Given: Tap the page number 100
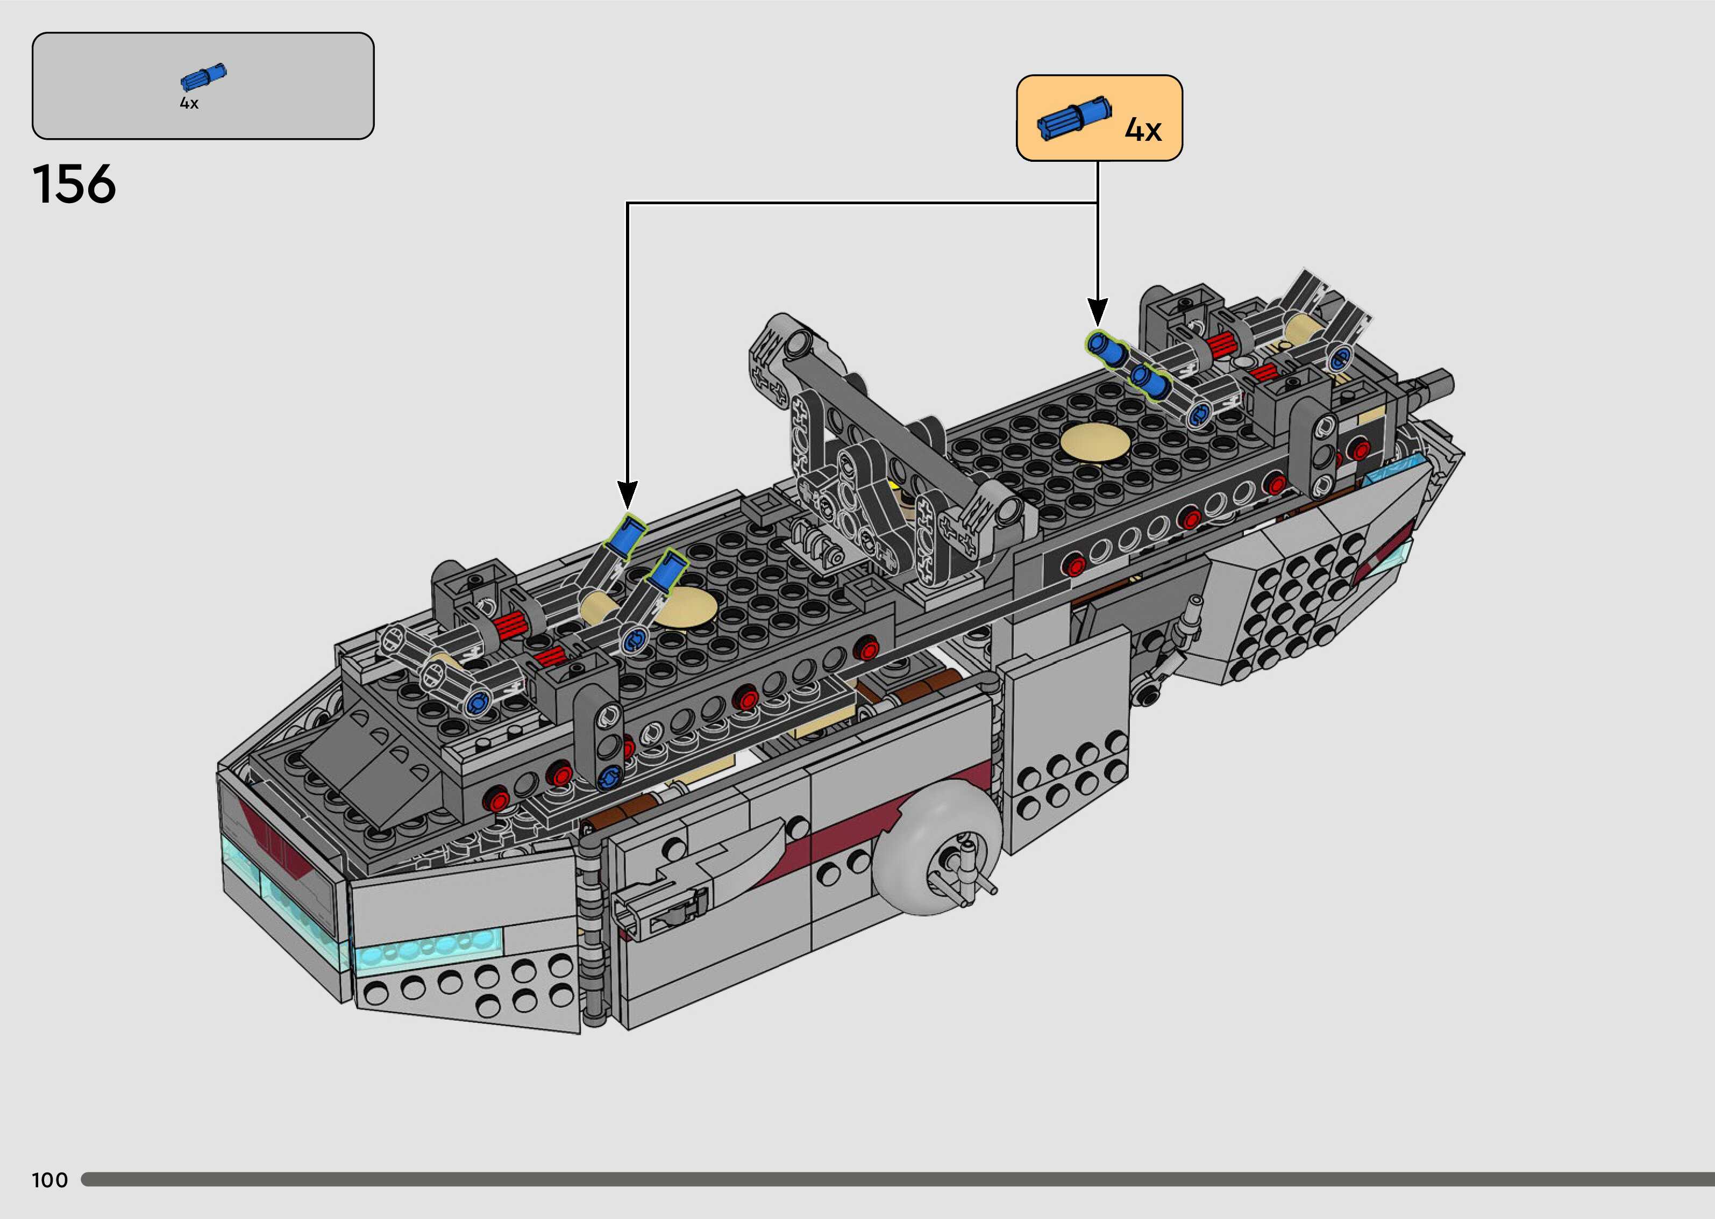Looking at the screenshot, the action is point(49,1180).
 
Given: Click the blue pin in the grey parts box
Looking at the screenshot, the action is point(203,76).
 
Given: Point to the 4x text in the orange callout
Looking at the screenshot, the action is point(1142,130).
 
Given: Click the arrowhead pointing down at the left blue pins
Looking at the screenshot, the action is point(628,496).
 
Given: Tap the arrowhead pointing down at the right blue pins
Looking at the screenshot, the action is point(1097,312).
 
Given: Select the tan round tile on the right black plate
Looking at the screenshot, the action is point(1095,442).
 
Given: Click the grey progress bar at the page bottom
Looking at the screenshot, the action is point(894,1180).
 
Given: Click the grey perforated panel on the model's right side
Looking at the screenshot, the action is point(1284,600).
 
